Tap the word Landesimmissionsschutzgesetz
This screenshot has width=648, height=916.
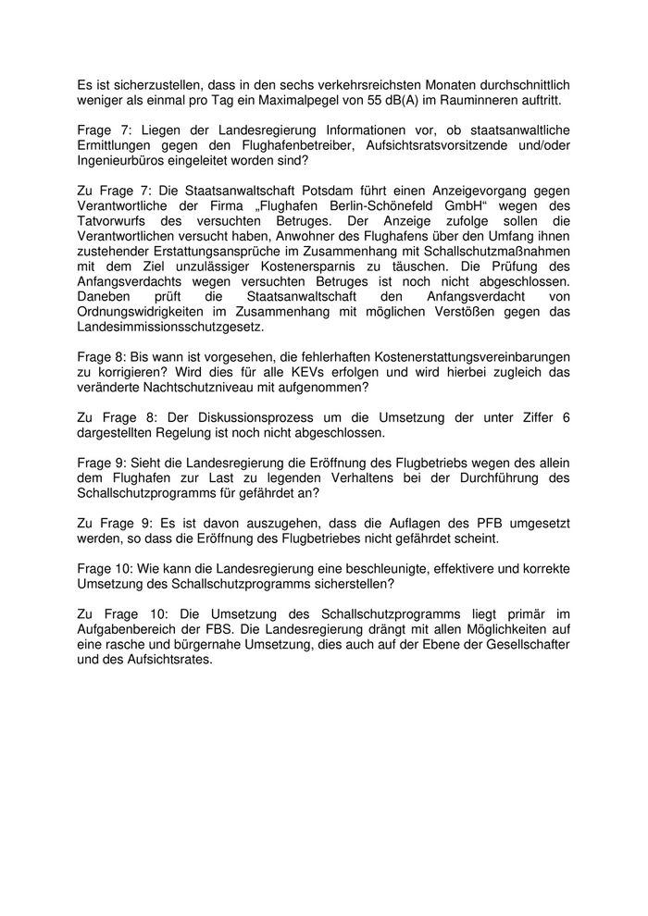[x=171, y=328]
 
